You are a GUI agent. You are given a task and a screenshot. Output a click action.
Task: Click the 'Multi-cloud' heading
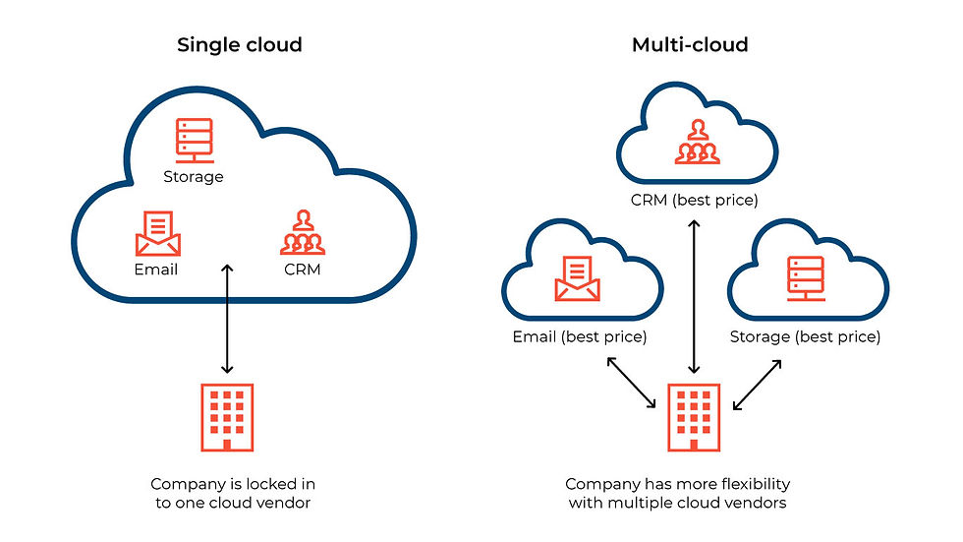coord(690,45)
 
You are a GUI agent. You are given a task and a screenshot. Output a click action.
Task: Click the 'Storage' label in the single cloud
coord(193,177)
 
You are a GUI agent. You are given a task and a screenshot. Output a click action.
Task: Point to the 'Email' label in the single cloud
coord(155,269)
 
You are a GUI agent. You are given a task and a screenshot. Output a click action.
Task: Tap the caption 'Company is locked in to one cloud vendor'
coord(233,495)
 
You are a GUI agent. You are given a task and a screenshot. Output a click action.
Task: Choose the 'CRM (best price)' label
coord(696,201)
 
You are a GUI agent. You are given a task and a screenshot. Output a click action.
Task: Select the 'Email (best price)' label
coord(579,336)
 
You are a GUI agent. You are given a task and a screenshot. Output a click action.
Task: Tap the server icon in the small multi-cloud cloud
coord(804,276)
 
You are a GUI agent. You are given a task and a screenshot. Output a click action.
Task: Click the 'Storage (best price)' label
coord(805,336)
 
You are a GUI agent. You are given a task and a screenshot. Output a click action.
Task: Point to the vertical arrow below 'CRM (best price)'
coord(696,296)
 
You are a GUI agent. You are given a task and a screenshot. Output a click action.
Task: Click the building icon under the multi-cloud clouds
coord(696,417)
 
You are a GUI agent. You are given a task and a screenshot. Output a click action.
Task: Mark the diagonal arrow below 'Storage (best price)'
coord(757,384)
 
